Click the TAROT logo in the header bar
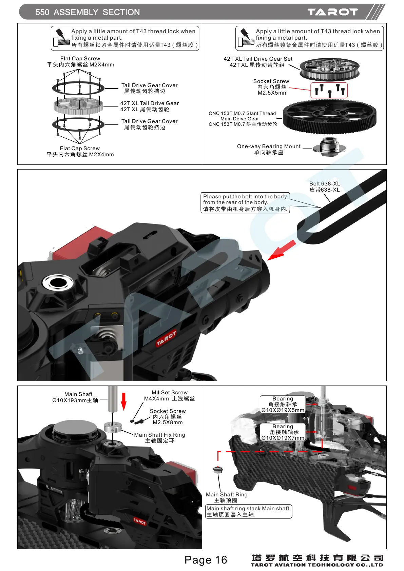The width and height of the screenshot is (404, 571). pyautogui.click(x=332, y=12)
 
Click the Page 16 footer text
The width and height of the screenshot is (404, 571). pyautogui.click(x=206, y=560)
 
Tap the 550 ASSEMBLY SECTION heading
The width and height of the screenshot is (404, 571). pyautogui.click(x=88, y=13)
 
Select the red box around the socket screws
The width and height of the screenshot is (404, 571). pyautogui.click(x=329, y=90)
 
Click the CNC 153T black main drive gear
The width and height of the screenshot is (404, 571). pyautogui.click(x=329, y=117)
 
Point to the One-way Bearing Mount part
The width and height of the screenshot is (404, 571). pyautogui.click(x=329, y=147)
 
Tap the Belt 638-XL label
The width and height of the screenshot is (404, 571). pyautogui.click(x=324, y=187)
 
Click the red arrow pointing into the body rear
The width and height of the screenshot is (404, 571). pyautogui.click(x=281, y=251)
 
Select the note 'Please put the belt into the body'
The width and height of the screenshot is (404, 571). pyautogui.click(x=245, y=203)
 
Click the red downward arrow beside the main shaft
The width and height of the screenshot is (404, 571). pyautogui.click(x=124, y=401)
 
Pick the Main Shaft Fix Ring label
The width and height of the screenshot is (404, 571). pyautogui.click(x=159, y=438)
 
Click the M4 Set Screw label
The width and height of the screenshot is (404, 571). pyautogui.click(x=169, y=395)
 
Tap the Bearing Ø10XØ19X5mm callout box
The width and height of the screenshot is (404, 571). pyautogui.click(x=283, y=405)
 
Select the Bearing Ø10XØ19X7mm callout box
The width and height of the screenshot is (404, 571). pyautogui.click(x=283, y=432)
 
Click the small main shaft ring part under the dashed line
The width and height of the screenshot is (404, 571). pyautogui.click(x=218, y=470)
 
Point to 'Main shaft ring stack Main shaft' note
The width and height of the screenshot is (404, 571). pyautogui.click(x=248, y=511)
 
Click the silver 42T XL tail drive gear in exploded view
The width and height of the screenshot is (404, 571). pyautogui.click(x=78, y=105)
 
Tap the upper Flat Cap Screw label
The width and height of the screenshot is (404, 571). pyautogui.click(x=80, y=61)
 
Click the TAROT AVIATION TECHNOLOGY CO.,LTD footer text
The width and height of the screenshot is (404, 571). pyautogui.click(x=317, y=565)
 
